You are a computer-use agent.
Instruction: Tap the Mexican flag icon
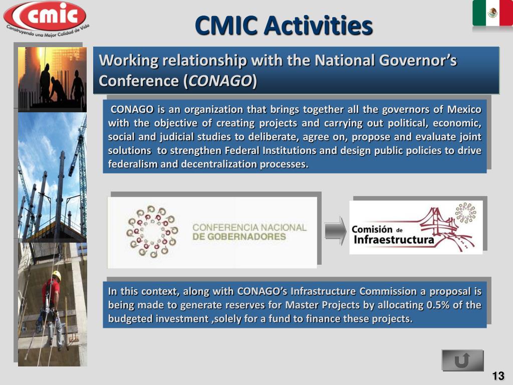click(x=492, y=14)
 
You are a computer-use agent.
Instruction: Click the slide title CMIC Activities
click(x=283, y=26)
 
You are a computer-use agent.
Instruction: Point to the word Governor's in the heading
click(x=427, y=61)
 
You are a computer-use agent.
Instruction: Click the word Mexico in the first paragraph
click(x=464, y=110)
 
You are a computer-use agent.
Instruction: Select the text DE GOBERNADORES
click(x=239, y=237)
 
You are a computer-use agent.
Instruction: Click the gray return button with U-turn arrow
click(x=462, y=360)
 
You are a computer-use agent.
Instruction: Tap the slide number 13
click(x=498, y=376)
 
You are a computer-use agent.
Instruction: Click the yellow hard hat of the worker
click(x=57, y=275)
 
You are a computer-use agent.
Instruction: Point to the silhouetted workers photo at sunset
click(x=52, y=79)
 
